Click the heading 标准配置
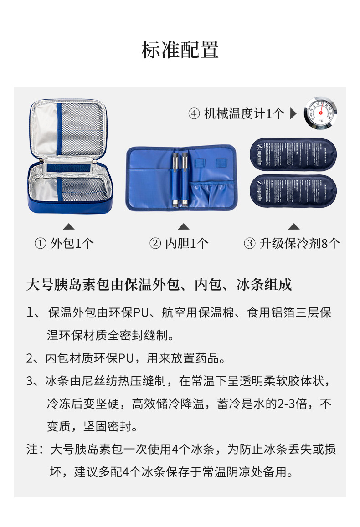[180, 50]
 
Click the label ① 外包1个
[64, 243]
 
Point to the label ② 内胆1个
[179, 243]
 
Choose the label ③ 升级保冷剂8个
[292, 243]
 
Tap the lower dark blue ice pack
[293, 190]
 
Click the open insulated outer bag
[68, 157]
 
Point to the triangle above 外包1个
[69, 226]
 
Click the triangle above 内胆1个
[183, 226]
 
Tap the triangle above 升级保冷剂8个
[294, 226]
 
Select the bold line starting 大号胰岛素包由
[159, 285]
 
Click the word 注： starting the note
[36, 450]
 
